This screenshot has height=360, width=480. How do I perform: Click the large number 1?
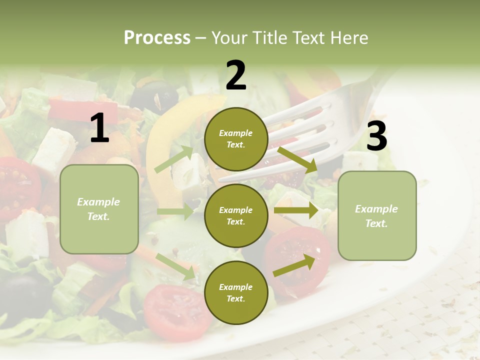coord(99,128)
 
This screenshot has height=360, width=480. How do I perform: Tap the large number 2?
coord(236,75)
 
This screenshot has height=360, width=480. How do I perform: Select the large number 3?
coord(376,136)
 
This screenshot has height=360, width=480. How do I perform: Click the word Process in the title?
coord(157,37)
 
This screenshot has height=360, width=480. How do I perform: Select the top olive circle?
coord(236,139)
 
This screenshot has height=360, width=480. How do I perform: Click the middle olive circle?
coord(236,215)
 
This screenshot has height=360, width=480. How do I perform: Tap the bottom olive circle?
coord(236,292)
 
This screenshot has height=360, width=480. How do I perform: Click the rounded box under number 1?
coord(99,209)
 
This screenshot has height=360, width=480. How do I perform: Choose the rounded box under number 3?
coord(377,215)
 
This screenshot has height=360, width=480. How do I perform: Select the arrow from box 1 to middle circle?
coord(175,211)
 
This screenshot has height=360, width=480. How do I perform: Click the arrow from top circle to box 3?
coord(297,159)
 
